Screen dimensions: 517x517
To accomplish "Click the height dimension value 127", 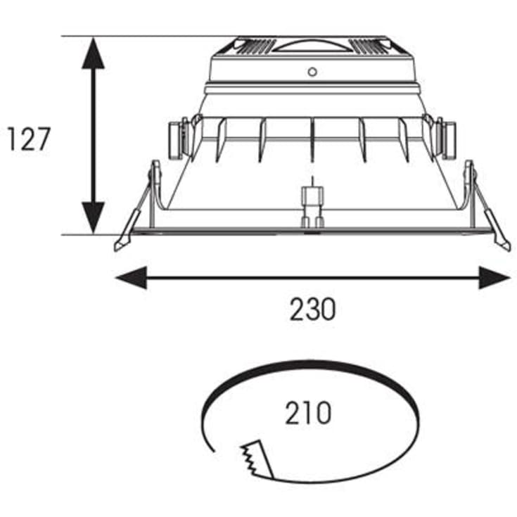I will [x=29, y=139].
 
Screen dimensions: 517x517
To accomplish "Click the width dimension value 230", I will [x=312, y=309].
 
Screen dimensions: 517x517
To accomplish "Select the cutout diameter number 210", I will [x=309, y=413].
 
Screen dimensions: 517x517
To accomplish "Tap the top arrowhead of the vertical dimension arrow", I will [x=93, y=53].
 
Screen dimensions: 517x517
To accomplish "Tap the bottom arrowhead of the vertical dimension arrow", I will [x=93, y=218].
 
